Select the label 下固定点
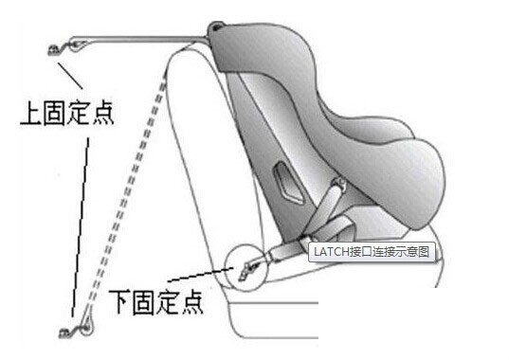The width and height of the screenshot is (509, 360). pos(155,300)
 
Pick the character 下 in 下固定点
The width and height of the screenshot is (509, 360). pos(120,300)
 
